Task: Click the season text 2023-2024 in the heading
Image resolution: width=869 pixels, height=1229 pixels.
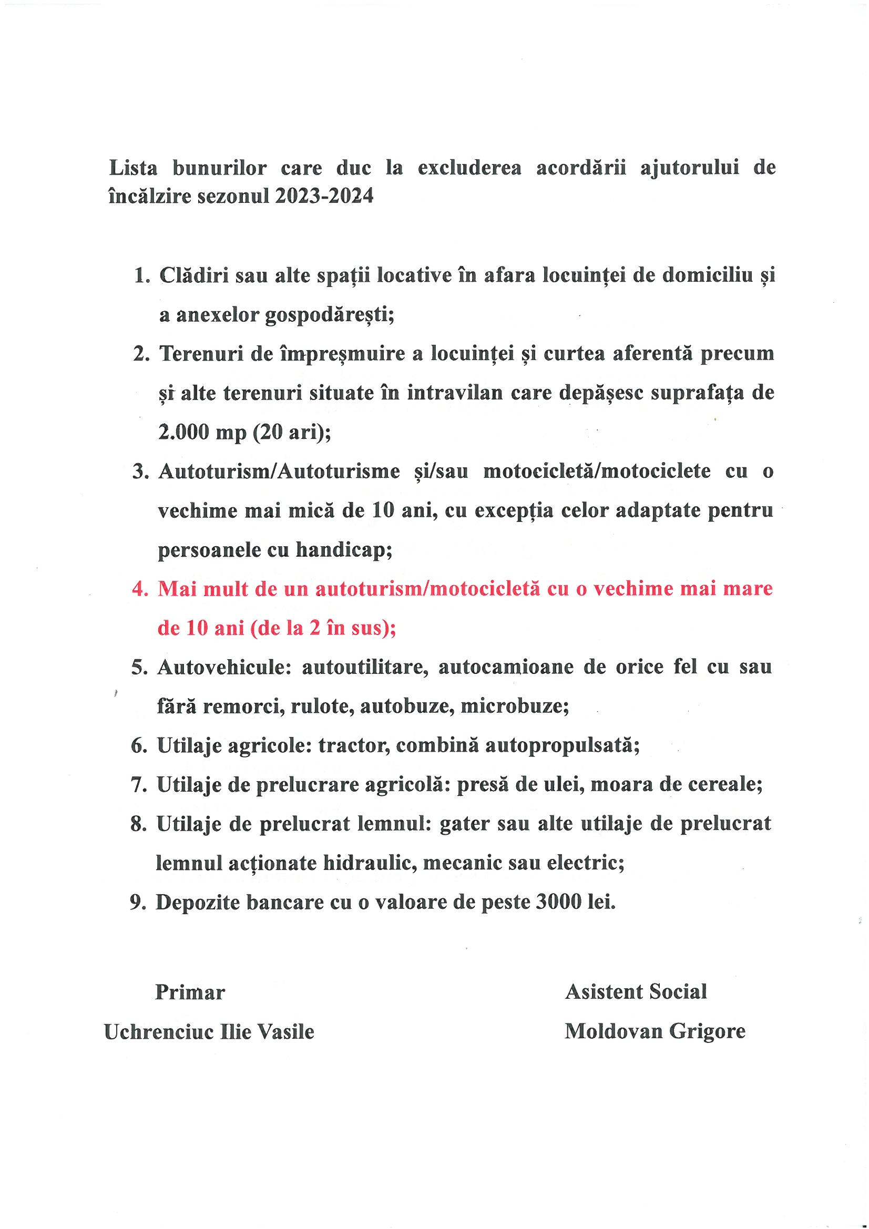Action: coord(323,197)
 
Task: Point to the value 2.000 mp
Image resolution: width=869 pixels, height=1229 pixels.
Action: coord(198,432)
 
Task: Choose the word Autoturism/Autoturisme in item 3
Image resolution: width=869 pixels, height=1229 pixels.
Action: coord(279,471)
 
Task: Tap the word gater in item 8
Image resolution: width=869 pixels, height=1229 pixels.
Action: coord(464,824)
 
